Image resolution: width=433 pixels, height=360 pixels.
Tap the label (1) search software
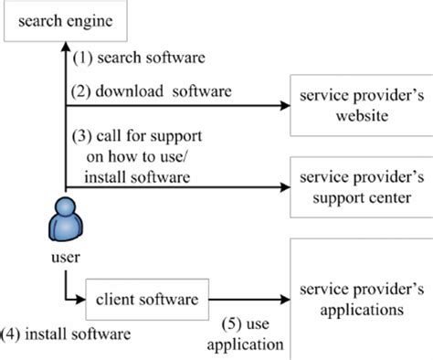[x=137, y=58]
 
